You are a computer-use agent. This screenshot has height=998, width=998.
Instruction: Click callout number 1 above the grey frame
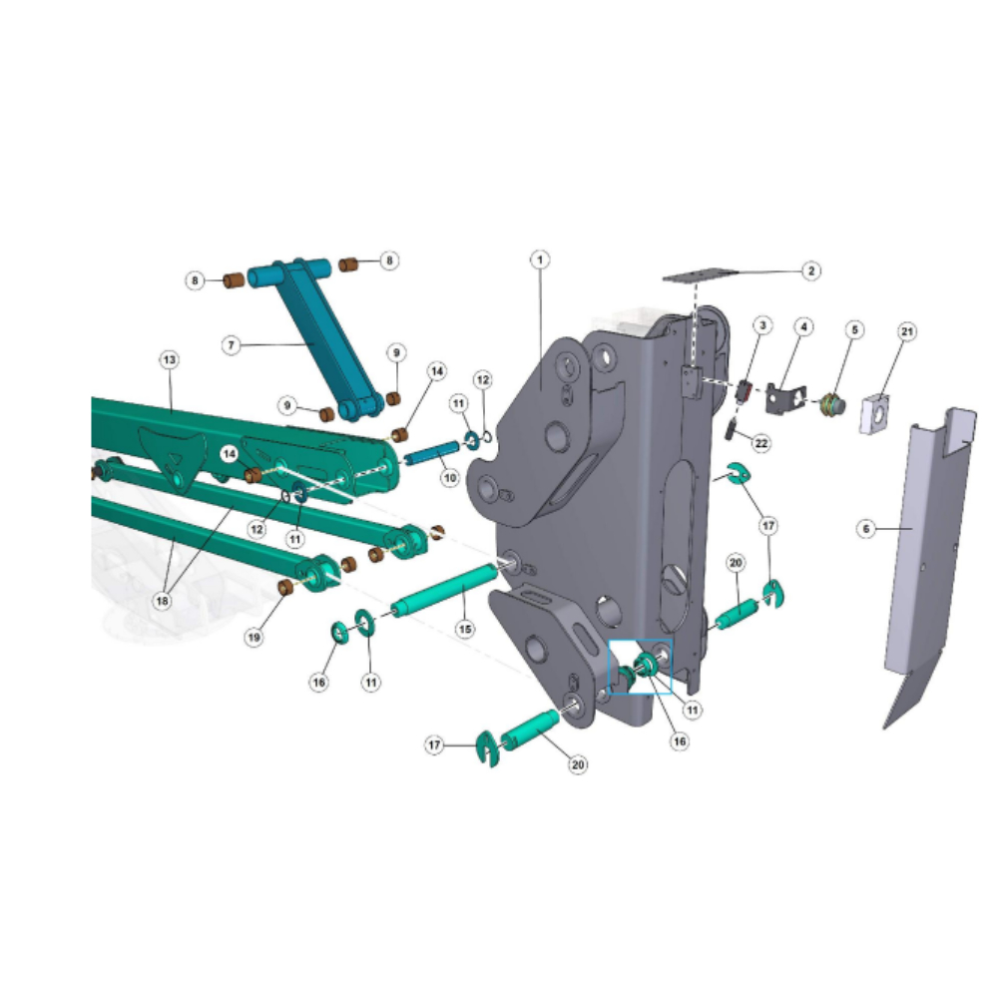click(x=540, y=259)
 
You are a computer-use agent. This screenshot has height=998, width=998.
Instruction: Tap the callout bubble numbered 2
click(x=810, y=270)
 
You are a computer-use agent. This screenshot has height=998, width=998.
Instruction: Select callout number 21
click(x=907, y=331)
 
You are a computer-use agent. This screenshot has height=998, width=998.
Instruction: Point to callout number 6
click(x=865, y=528)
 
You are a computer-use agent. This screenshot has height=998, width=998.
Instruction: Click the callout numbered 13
click(x=170, y=359)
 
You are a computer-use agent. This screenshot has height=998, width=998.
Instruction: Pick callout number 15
click(x=465, y=629)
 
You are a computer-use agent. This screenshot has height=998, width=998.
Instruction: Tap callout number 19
click(x=253, y=637)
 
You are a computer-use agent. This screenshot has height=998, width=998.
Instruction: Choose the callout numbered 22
click(x=761, y=443)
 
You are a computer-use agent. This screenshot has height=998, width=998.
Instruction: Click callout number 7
click(x=232, y=345)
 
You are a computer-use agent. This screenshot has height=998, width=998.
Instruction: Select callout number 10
click(x=450, y=477)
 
